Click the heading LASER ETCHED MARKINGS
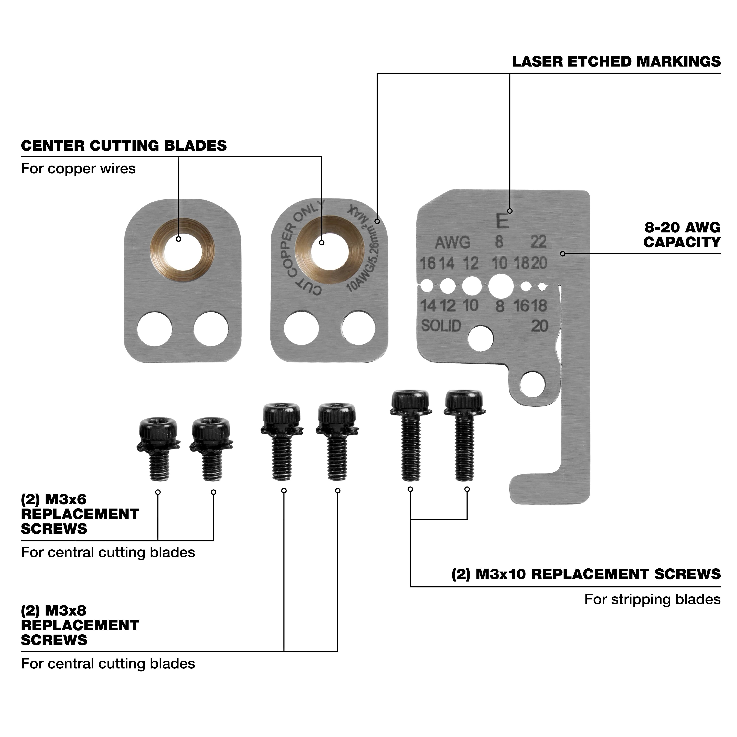(616, 62)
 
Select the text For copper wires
(78, 169)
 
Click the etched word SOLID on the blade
(441, 326)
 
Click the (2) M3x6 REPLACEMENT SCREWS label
(79, 514)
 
